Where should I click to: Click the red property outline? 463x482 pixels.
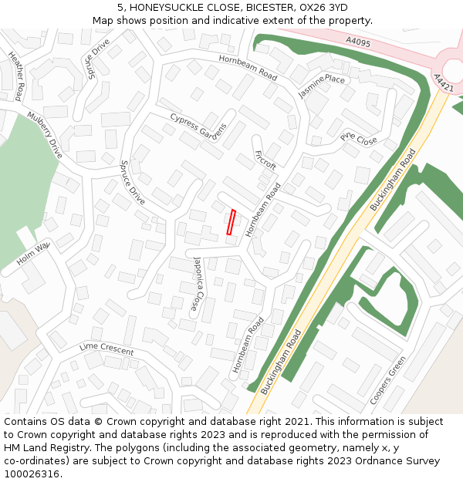click(231, 222)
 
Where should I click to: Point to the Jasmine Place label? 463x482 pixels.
click(322, 86)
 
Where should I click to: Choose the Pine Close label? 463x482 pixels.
click(359, 140)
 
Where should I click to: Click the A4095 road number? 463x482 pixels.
click(358, 43)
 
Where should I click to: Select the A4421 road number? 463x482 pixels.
click(443, 83)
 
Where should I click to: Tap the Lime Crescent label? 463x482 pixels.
click(106, 349)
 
